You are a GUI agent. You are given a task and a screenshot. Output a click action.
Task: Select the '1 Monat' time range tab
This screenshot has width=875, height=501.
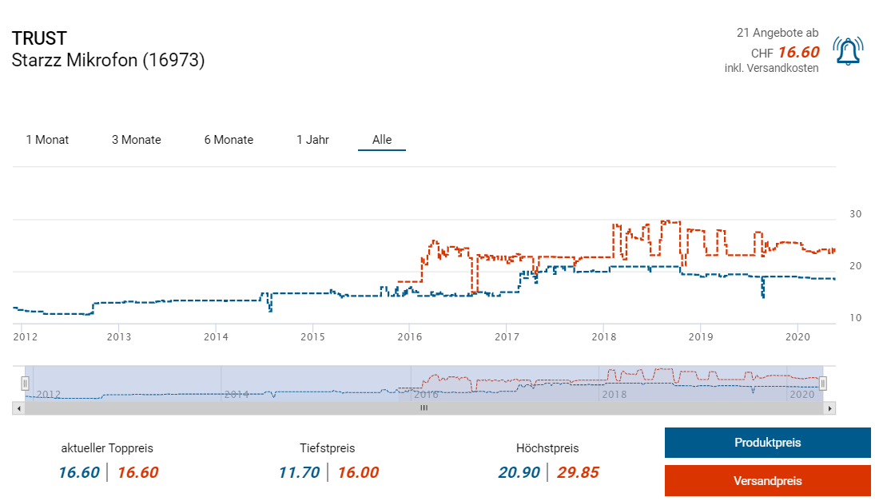click(x=47, y=140)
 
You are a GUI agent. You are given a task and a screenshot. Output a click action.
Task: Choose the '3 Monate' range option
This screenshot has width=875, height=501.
click(x=136, y=140)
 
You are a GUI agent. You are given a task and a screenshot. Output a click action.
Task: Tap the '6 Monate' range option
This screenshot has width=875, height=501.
click(x=229, y=140)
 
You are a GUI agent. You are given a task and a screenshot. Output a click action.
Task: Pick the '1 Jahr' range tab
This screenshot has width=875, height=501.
click(x=312, y=140)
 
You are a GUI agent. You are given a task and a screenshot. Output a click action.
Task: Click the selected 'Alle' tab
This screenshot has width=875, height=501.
click(x=382, y=140)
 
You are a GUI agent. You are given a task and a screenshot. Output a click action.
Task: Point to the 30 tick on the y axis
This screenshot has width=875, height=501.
click(x=855, y=214)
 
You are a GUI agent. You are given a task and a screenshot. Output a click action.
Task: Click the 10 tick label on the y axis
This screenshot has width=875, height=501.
click(x=855, y=318)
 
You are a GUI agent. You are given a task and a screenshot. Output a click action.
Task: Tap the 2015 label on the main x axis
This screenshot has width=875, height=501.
click(x=312, y=337)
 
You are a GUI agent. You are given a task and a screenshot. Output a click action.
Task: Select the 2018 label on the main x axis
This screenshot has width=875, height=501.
click(x=603, y=337)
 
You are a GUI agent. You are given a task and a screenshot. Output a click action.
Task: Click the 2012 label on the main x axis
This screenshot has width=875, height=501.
click(x=26, y=337)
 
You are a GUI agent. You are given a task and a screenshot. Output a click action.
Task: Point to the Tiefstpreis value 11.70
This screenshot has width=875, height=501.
click(x=299, y=472)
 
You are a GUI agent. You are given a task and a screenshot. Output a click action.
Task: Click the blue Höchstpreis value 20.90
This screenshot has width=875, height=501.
click(x=519, y=472)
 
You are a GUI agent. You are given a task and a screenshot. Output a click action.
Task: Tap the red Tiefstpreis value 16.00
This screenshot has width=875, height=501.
click(x=358, y=472)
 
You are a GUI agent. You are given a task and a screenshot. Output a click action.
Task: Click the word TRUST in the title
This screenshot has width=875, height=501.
click(x=39, y=38)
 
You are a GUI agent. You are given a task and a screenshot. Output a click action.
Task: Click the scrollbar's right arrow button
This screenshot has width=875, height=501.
click(x=830, y=408)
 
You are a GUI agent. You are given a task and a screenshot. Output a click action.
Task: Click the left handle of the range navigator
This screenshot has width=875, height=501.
click(x=25, y=384)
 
